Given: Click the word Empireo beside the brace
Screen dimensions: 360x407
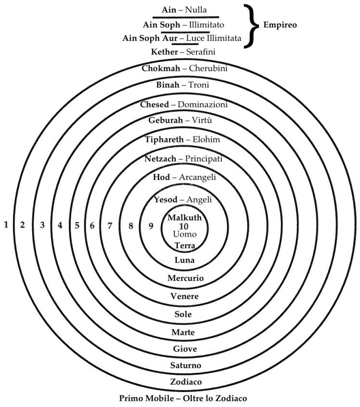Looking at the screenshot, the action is [x=280, y=25].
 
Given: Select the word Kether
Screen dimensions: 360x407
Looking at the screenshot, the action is [x=165, y=52].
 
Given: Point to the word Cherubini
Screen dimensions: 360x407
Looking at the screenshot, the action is [x=208, y=68].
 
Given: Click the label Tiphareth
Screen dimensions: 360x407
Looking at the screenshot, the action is [x=164, y=140].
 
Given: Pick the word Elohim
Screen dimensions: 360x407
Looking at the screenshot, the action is [x=206, y=140].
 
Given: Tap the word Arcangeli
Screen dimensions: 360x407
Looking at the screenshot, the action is [x=197, y=178].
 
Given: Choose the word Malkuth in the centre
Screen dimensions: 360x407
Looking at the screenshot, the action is [x=185, y=217].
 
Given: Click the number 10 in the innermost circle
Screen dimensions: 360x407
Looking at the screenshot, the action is [x=184, y=226].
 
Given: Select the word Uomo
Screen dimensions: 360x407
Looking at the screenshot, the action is [x=185, y=234].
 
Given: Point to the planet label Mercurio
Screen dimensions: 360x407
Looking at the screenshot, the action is [x=185, y=278].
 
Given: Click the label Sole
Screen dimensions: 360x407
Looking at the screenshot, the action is [x=183, y=314].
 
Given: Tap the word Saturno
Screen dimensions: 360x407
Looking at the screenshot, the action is [x=186, y=366].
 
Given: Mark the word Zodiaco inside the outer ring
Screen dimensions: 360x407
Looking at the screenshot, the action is [x=186, y=382].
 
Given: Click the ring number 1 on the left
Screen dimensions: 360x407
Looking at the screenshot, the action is [x=6, y=225].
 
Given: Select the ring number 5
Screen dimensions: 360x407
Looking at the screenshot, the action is [x=77, y=225].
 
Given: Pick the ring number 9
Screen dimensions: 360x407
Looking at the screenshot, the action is [x=151, y=226].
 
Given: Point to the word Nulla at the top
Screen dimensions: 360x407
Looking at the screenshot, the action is [x=196, y=10].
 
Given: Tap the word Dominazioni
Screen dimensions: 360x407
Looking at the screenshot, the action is [x=203, y=104].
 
